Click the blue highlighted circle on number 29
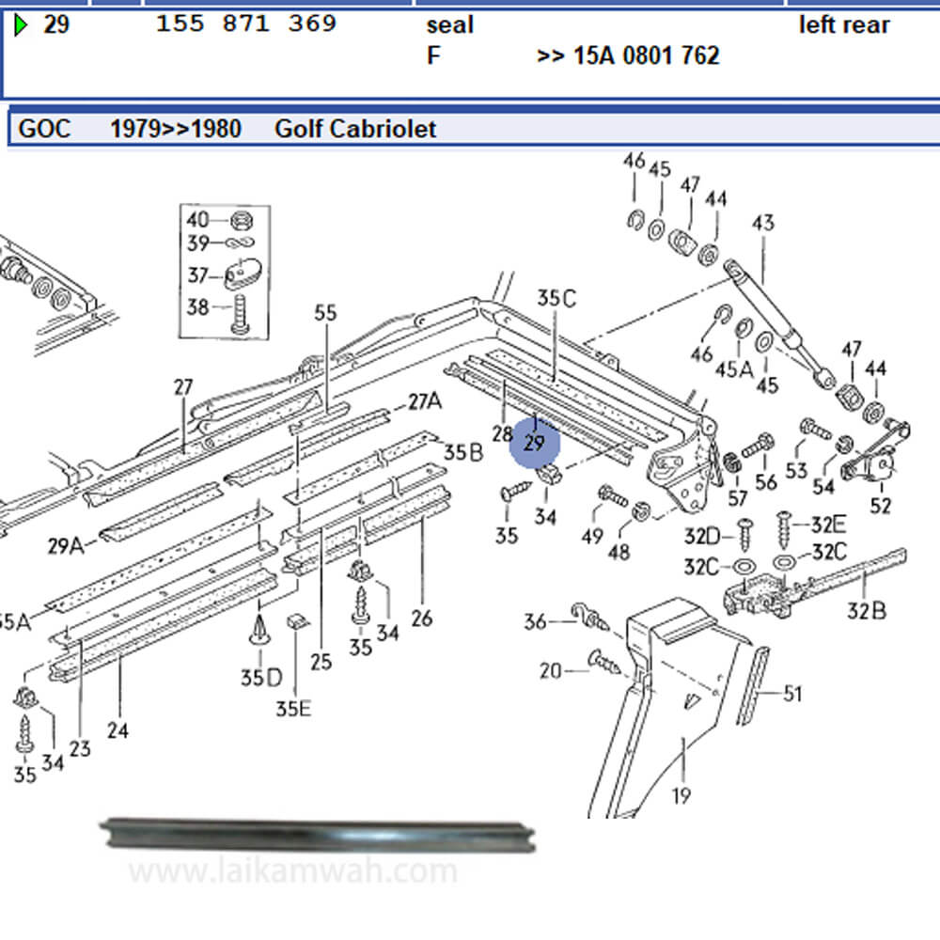click(x=535, y=443)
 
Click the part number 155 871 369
click(x=246, y=24)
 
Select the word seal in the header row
click(x=449, y=24)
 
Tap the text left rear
click(x=844, y=24)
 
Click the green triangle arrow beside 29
click(x=22, y=24)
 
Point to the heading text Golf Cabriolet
click(x=355, y=128)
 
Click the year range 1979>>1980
click(x=176, y=128)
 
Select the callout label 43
click(x=763, y=224)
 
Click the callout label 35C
click(x=556, y=298)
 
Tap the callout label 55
click(x=325, y=313)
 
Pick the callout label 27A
click(x=424, y=401)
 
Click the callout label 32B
click(x=866, y=611)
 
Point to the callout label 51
click(x=793, y=695)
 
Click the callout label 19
click(x=681, y=796)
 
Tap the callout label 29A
click(x=64, y=544)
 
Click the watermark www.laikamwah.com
click(x=292, y=872)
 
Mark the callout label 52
click(x=881, y=506)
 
